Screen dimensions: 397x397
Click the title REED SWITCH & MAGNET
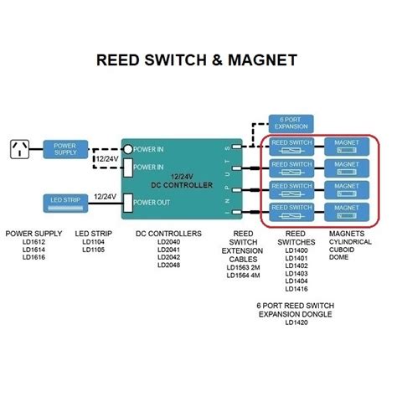coord(198,61)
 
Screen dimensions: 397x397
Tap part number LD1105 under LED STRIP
coord(93,250)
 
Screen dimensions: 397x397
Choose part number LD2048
coord(170,266)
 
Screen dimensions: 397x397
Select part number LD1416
coord(296,288)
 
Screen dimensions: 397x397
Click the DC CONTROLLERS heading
coord(169,234)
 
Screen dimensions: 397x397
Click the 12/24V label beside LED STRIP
coord(105,197)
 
